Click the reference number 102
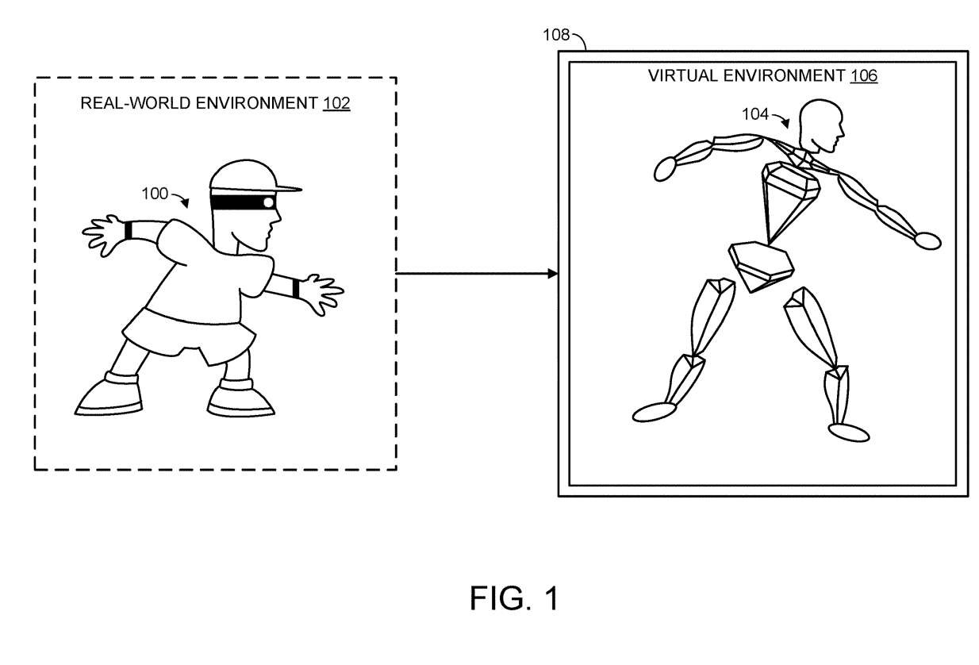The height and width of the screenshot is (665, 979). click(x=336, y=104)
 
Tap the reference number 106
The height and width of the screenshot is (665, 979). click(x=863, y=76)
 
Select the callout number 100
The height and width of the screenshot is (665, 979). click(x=155, y=193)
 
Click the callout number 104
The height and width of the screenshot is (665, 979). click(x=754, y=114)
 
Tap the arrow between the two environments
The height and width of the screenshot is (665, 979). click(x=476, y=274)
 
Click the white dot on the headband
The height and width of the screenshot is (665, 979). click(x=269, y=202)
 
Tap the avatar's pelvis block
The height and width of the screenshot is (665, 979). click(x=762, y=266)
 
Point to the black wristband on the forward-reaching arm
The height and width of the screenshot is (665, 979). click(x=297, y=289)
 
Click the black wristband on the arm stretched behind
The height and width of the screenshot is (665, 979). click(x=129, y=231)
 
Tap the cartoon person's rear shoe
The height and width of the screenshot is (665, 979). click(x=109, y=395)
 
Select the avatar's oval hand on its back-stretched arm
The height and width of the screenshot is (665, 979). click(x=664, y=167)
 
